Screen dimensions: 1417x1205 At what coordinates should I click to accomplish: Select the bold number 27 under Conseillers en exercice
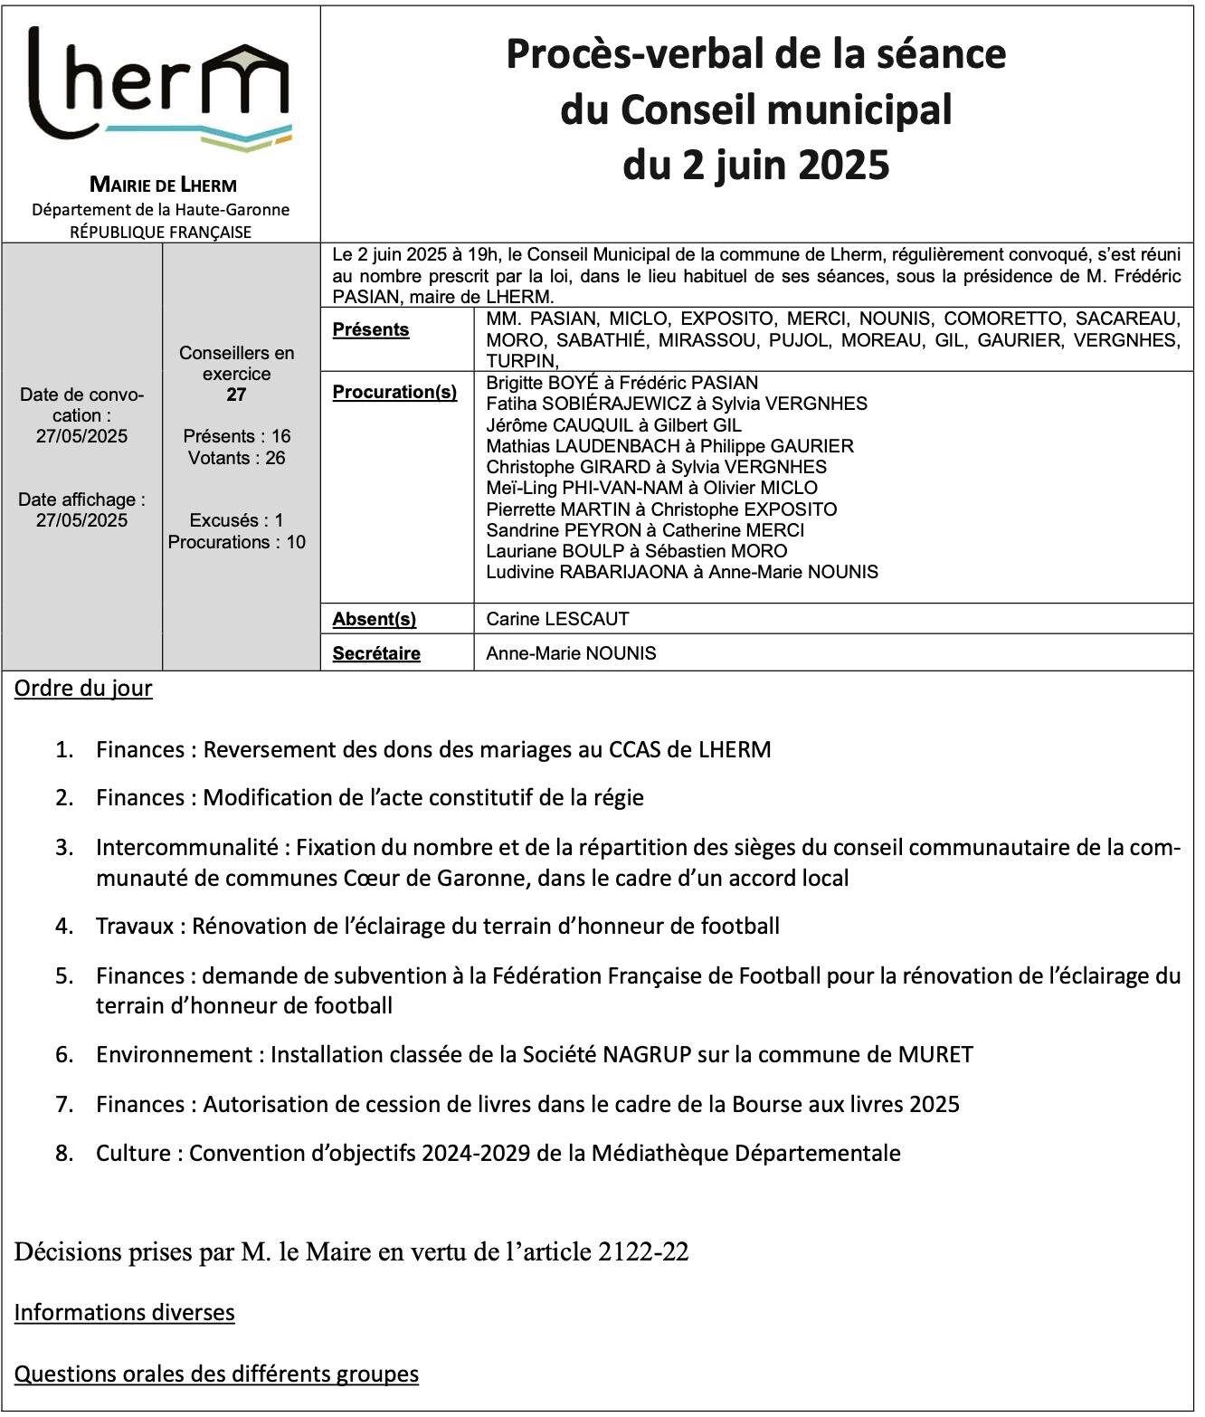coord(236,395)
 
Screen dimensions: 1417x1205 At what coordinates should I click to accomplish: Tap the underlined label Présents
coord(370,329)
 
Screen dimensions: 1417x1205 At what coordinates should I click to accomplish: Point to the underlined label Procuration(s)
coord(394,392)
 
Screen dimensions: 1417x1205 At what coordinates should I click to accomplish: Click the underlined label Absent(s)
coord(374,619)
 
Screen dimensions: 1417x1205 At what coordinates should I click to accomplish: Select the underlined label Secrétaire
coord(375,653)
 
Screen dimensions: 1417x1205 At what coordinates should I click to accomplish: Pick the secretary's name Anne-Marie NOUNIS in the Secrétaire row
coord(571,653)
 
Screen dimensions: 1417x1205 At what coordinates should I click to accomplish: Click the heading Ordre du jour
coord(83,689)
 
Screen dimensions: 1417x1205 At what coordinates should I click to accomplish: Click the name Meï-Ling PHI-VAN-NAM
coord(584,488)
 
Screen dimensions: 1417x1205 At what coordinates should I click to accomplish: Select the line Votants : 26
coord(236,458)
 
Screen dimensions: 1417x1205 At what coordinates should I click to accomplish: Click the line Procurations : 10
coord(236,542)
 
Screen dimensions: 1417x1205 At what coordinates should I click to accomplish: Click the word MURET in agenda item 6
coord(935,1055)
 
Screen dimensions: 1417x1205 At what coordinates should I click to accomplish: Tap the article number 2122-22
coord(643,1252)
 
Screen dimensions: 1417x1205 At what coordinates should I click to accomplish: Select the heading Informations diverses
coord(124,1313)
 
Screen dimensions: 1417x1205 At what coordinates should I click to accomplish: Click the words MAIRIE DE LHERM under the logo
coord(163,185)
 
